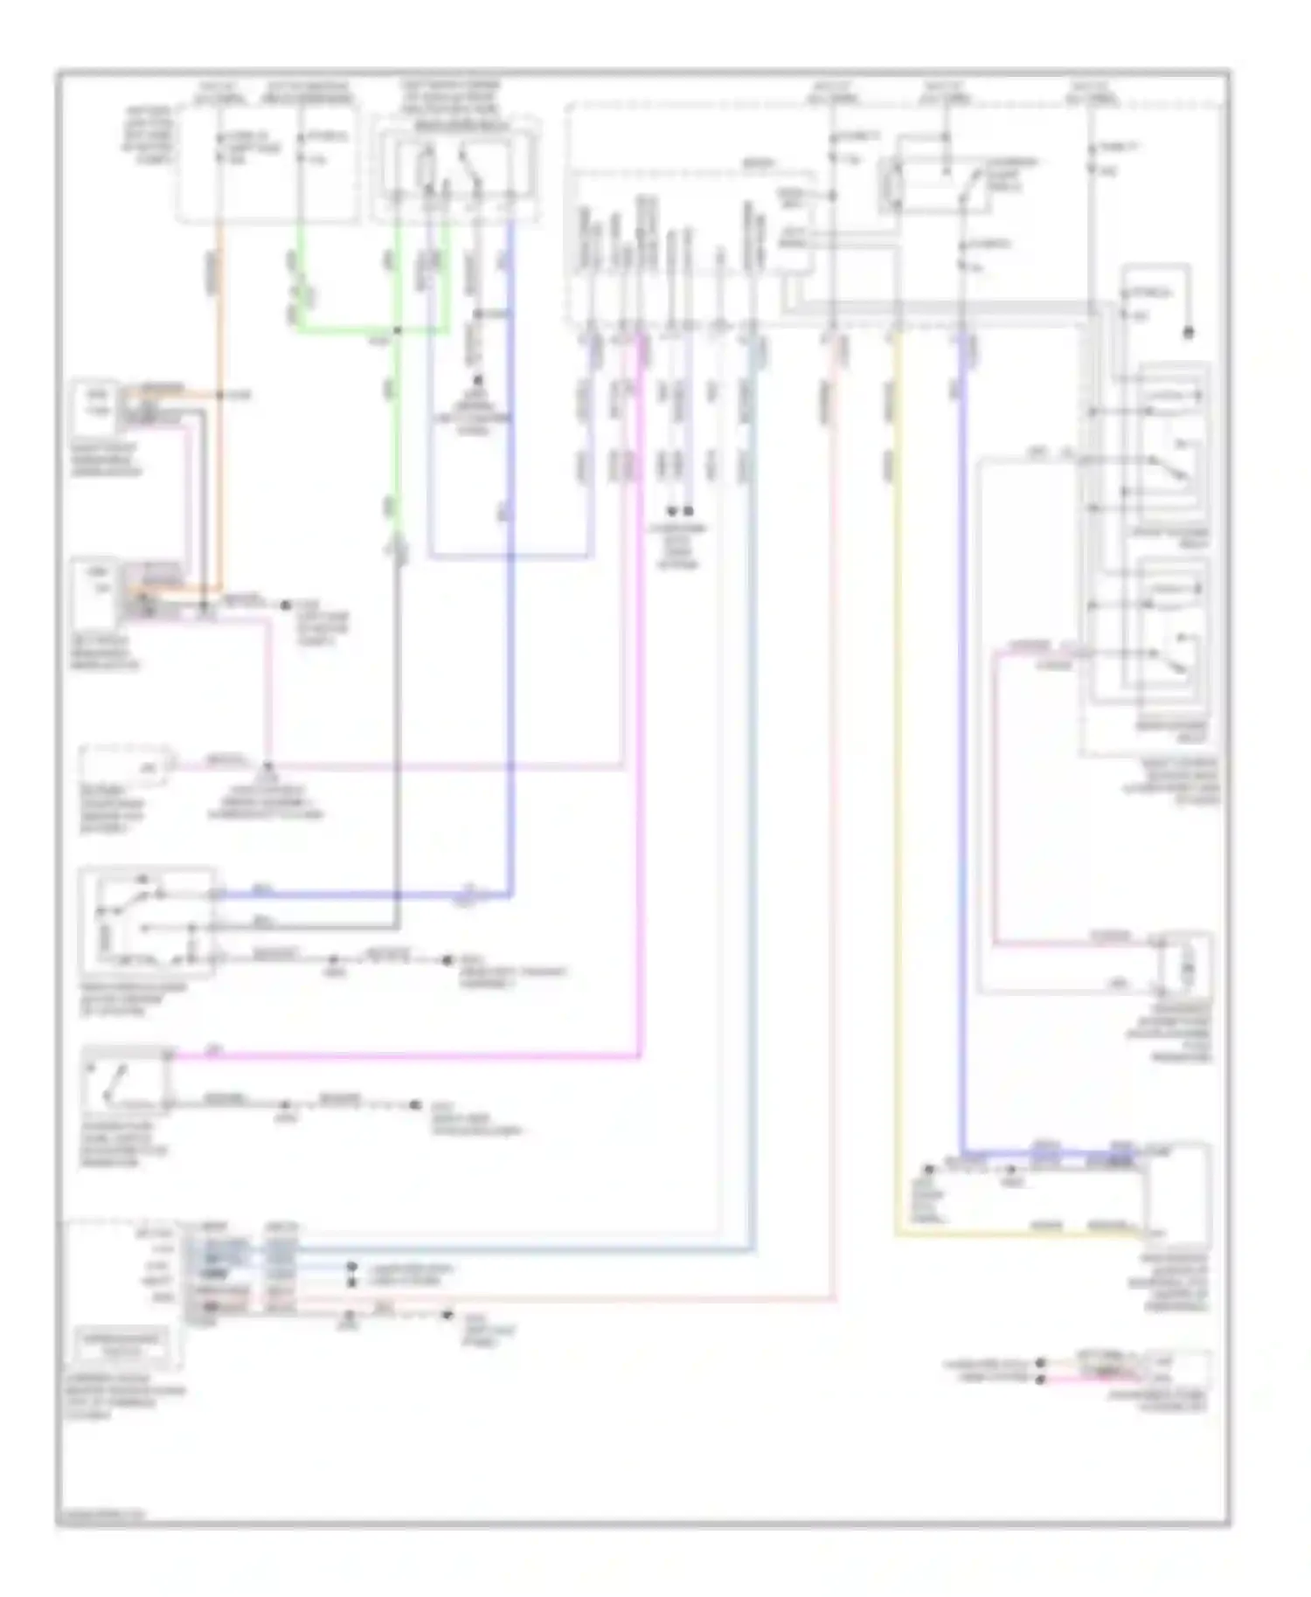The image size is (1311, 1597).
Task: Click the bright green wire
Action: (350, 330)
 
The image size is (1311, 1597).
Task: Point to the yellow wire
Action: (897, 786)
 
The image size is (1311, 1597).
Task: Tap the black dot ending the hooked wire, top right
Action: (1188, 333)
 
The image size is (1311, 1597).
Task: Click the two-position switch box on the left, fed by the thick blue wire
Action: (146, 922)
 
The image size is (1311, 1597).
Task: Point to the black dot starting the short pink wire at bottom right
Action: (1040, 1379)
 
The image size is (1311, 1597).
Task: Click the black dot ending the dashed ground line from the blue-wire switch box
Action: (447, 959)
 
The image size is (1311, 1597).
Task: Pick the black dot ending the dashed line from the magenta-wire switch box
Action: (416, 1105)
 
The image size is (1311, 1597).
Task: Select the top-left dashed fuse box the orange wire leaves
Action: (267, 162)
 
